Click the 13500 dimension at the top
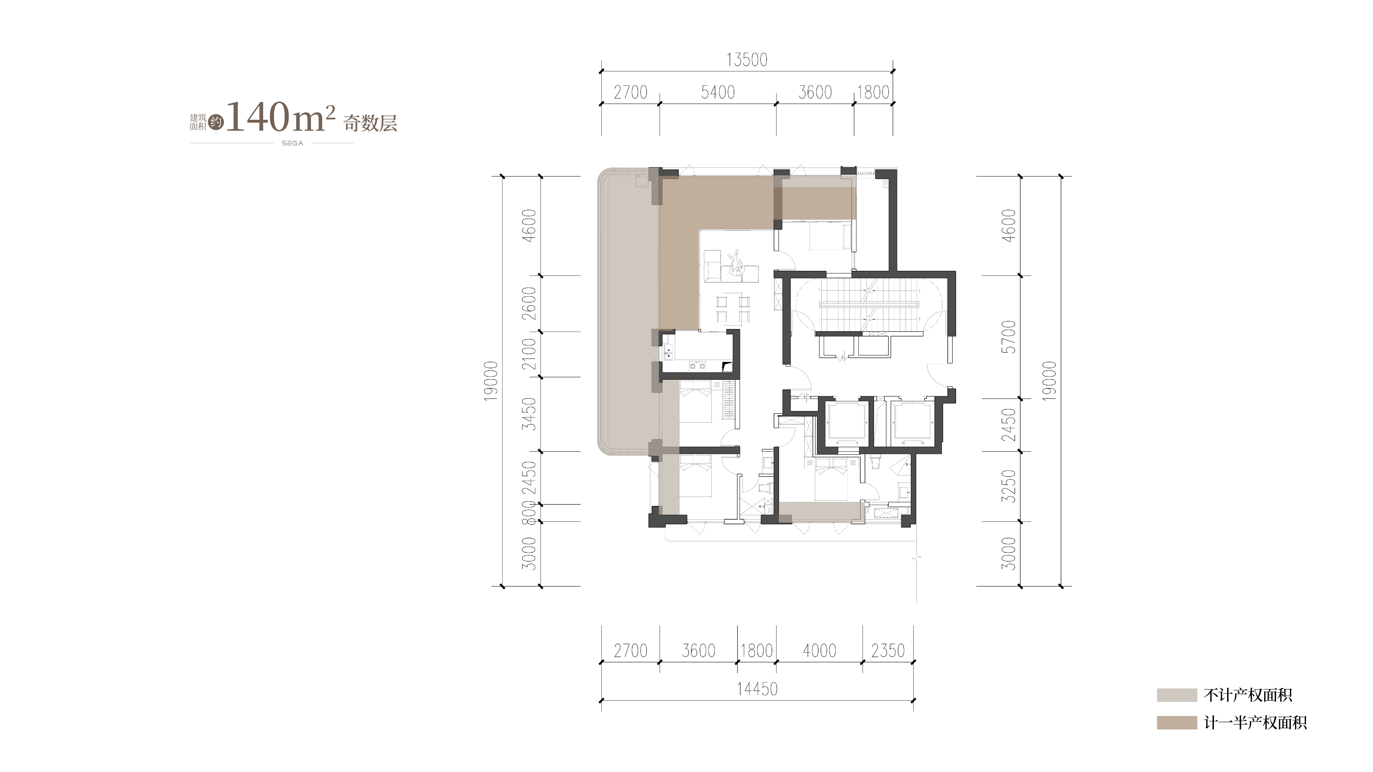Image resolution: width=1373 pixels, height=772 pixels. coord(747,60)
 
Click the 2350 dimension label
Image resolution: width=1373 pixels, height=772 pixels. coord(888,651)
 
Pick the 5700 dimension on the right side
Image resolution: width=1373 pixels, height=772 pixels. coord(1009,337)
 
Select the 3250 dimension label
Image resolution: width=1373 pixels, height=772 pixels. coord(1009,486)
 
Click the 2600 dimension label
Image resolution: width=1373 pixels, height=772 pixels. coord(529,303)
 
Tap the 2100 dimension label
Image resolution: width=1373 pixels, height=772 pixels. coord(529,354)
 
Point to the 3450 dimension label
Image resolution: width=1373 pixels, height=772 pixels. coord(529,414)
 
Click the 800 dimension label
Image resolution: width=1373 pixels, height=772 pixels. coord(529,513)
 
